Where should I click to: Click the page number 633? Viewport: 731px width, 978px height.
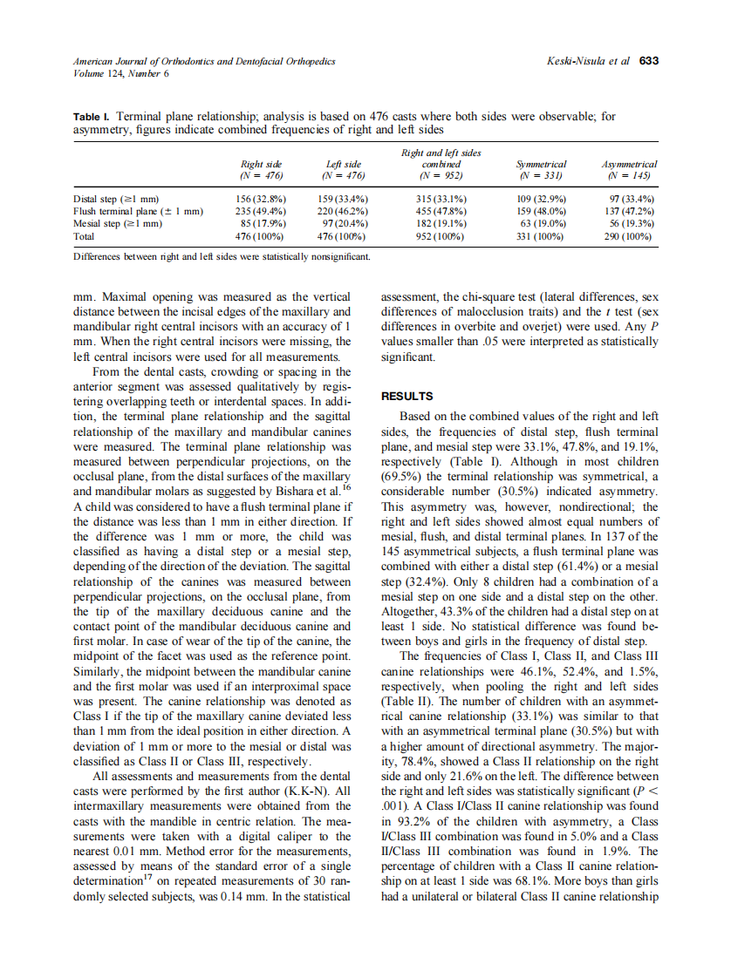(648, 61)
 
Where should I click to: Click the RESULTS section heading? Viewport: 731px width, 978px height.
(407, 395)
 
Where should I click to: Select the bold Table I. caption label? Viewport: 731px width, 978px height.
(91, 115)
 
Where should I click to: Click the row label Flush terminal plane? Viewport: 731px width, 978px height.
(138, 211)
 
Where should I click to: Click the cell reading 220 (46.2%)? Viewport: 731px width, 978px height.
(342, 211)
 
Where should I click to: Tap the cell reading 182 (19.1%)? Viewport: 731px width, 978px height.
(441, 223)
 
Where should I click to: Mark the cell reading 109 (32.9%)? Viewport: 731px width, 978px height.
(541, 199)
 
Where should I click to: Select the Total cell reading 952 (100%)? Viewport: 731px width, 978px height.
(441, 235)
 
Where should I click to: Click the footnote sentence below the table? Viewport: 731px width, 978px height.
(222, 256)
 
